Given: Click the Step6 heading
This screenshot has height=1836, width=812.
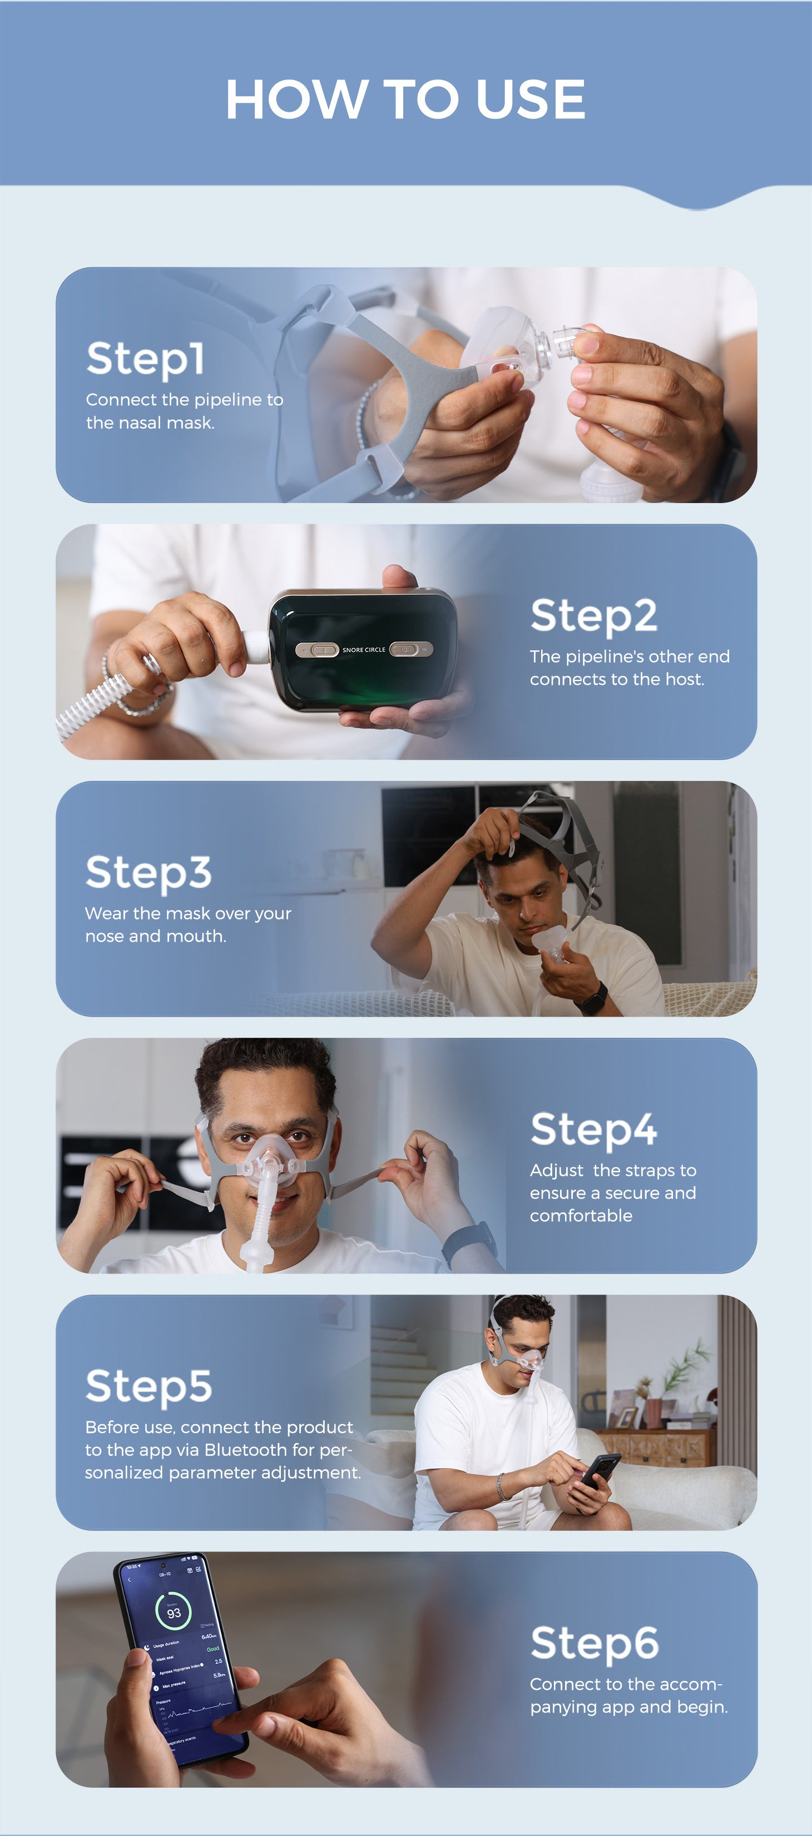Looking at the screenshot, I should [x=594, y=1643].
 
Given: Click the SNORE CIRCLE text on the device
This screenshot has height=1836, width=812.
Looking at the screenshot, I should [x=364, y=650].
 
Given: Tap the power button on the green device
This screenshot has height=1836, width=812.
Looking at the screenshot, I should [x=405, y=649].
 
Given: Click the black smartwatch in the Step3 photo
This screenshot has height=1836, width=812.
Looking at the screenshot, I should [x=591, y=997].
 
